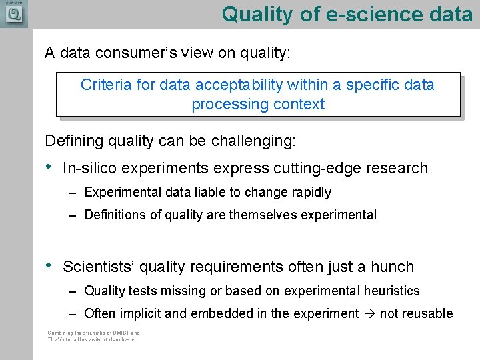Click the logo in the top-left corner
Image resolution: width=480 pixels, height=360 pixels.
(13, 13)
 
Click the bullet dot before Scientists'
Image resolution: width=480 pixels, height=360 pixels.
(49, 265)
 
